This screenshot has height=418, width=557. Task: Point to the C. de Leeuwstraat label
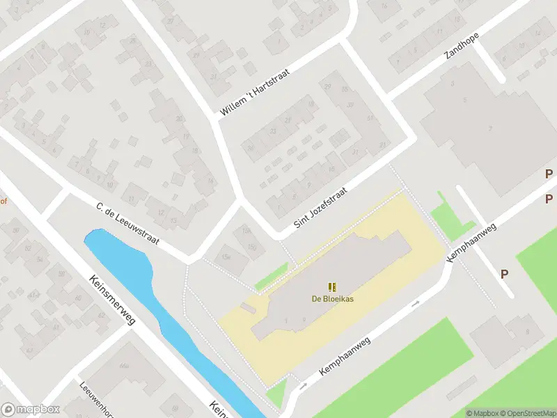click(x=127, y=224)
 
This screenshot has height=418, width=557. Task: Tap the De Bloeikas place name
click(x=331, y=300)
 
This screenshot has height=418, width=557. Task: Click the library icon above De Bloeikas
click(x=332, y=286)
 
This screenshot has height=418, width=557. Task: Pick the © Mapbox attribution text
click(x=483, y=413)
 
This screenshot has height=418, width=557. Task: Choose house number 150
click(x=251, y=247)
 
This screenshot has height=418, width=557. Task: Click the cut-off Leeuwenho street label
click(x=91, y=398)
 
